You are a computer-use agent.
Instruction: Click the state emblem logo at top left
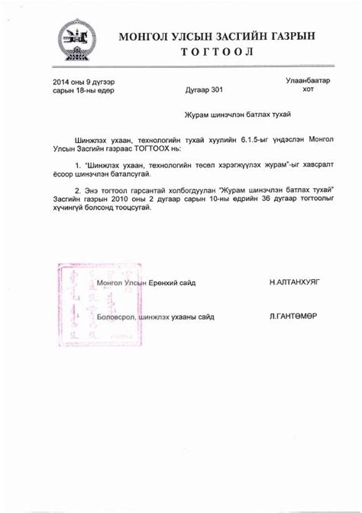pos(77,40)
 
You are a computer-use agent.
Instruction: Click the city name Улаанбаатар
pos(308,80)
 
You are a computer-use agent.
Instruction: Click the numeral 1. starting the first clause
pos(78,165)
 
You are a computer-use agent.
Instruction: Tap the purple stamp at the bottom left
pos(76,298)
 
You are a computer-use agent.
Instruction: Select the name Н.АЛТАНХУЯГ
pos(294,282)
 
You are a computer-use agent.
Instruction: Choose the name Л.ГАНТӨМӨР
pos(293,316)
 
